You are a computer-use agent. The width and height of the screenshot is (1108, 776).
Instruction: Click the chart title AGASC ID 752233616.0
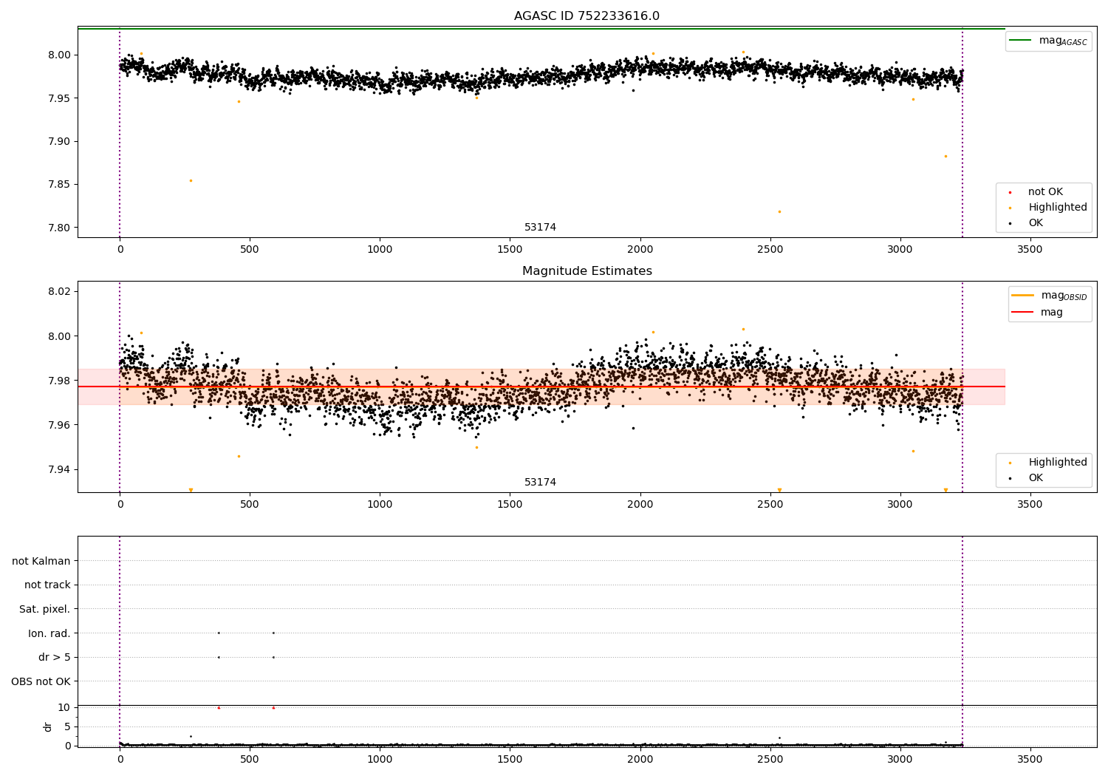(587, 16)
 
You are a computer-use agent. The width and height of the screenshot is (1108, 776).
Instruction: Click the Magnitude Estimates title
(587, 271)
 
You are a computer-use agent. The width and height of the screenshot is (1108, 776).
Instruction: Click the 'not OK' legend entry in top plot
(1044, 192)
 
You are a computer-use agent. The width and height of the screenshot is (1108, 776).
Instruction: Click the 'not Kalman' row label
(41, 561)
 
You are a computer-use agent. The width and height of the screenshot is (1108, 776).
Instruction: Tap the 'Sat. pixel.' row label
(44, 609)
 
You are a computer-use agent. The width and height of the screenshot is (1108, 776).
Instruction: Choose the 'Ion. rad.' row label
(49, 633)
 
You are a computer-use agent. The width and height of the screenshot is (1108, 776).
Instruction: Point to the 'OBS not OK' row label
(41, 681)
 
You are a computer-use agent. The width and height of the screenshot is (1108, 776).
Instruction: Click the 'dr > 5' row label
(54, 657)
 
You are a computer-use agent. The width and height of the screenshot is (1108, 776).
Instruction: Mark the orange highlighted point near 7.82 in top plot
(779, 211)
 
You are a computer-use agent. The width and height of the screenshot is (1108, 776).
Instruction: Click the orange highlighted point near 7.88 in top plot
(945, 156)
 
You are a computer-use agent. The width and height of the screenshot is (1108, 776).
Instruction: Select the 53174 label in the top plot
(540, 227)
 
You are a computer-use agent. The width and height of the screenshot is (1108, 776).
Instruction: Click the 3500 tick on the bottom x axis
(1030, 759)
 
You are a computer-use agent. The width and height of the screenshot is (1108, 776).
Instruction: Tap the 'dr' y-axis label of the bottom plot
(48, 726)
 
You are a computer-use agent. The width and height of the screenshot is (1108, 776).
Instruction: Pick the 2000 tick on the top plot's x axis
(640, 250)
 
